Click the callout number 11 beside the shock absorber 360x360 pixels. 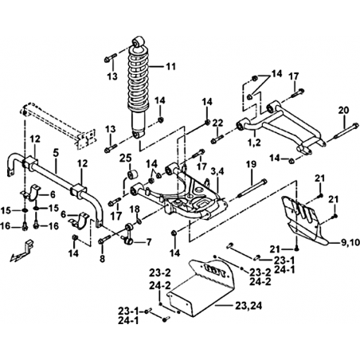pos(171,66)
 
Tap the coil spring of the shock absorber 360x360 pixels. pos(139,78)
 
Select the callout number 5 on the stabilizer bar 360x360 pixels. pos(56,153)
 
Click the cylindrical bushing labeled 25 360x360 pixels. pos(133,175)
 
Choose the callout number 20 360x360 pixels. pos(344,110)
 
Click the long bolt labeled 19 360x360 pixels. pos(252,189)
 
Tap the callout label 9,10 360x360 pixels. pos(350,242)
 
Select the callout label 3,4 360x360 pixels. pos(217,172)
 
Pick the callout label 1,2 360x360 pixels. pos(254,143)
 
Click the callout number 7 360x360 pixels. pos(148,242)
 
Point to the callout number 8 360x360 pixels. pos(102,258)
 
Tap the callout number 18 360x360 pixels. pos(135,209)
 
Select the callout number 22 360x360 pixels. pos(218,123)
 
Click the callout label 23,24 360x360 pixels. pos(248,306)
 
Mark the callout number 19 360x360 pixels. pos(251,164)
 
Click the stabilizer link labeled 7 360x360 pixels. pos(129,234)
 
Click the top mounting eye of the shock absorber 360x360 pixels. pos(139,41)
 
